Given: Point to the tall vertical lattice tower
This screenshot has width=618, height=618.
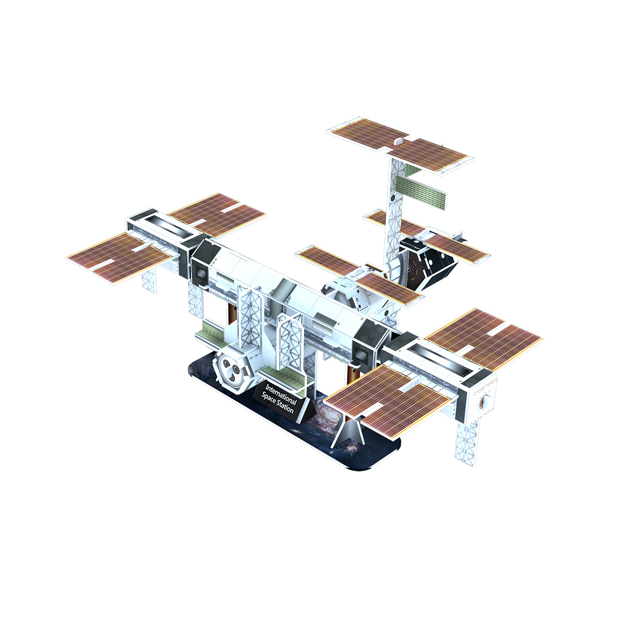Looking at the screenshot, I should click(x=393, y=212).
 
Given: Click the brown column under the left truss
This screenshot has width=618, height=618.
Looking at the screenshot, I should click(x=232, y=311).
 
